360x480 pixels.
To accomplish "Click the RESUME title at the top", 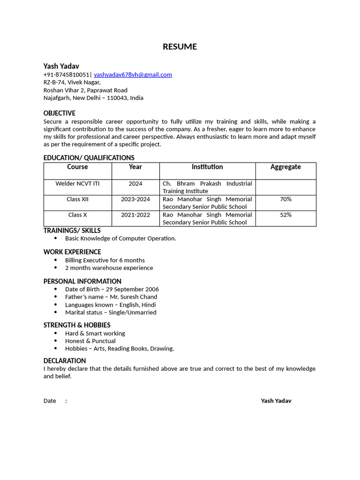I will [180, 46].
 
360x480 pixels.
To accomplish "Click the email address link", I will [133, 75].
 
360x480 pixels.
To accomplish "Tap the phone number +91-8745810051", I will [66, 75].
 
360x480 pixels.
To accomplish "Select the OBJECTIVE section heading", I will [60, 113].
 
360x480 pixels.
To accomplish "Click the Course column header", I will [77, 167].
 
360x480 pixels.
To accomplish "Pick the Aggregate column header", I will [285, 167].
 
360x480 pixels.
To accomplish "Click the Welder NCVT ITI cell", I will [77, 184].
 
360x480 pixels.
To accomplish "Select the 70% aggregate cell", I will [285, 199].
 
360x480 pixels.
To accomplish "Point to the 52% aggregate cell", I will [285, 215].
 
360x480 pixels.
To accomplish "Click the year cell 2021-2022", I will [135, 215].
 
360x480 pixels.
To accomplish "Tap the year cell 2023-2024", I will [135, 199].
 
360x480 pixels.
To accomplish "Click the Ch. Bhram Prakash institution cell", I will [207, 187].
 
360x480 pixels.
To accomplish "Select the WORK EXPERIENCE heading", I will [72, 252].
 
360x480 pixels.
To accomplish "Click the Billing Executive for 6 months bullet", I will [105, 260].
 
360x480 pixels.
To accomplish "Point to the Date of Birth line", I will [112, 289].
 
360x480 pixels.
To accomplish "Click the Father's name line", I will [111, 297].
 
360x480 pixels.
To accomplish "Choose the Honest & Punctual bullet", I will [90, 341].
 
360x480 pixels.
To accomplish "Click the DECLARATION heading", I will [65, 360].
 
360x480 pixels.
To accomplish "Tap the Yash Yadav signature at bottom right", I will [276, 401].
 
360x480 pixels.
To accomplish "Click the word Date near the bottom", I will [50, 401].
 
